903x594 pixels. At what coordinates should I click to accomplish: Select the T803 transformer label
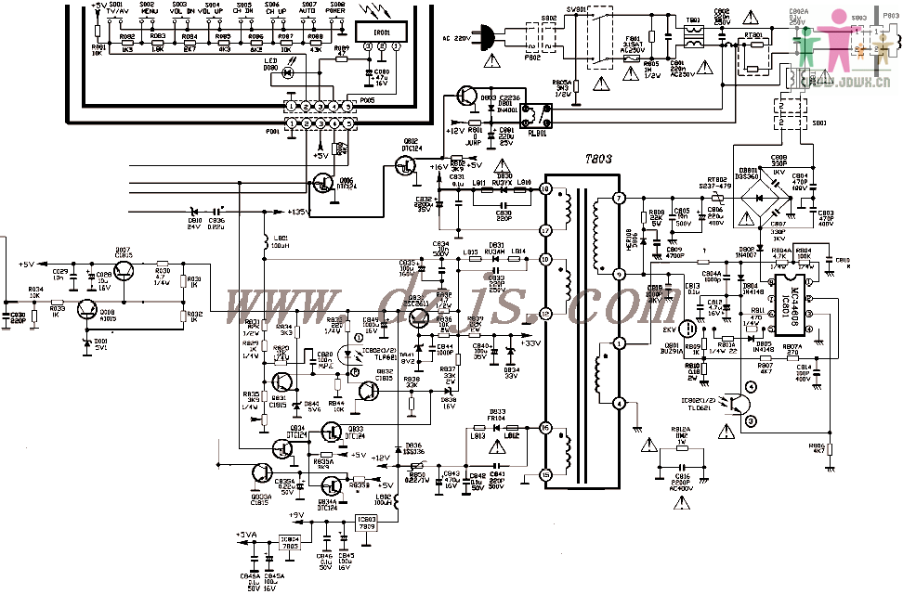click(598, 160)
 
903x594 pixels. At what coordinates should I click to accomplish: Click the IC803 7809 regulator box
click(367, 522)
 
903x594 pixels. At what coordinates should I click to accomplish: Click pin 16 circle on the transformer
click(546, 429)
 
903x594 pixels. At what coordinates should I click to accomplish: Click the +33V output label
click(530, 342)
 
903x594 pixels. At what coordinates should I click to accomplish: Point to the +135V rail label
click(297, 213)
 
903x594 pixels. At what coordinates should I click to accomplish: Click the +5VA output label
click(245, 535)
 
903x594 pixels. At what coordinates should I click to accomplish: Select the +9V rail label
click(296, 514)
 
